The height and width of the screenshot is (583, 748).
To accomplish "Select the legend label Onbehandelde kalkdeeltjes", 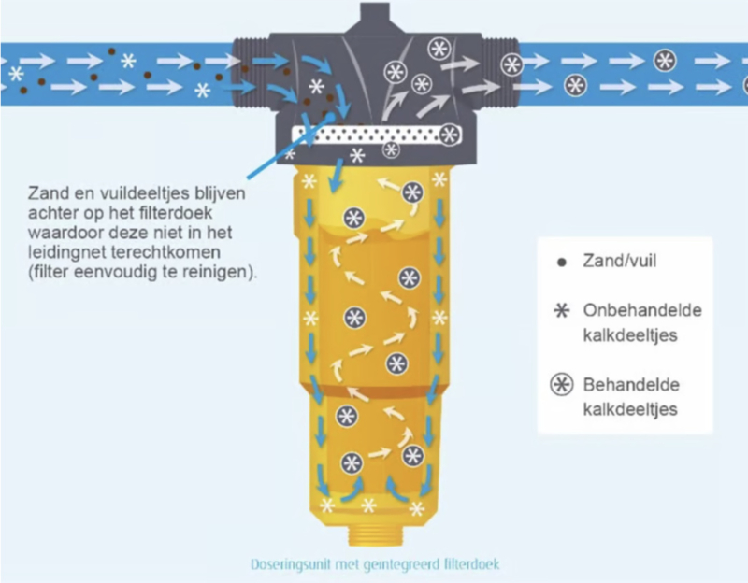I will tap(632, 322).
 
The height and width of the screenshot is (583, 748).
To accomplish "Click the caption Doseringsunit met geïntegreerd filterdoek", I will tap(379, 564).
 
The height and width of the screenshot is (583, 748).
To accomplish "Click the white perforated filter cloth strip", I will tap(374, 136).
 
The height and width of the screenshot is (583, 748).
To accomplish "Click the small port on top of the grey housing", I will tap(375, 15).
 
